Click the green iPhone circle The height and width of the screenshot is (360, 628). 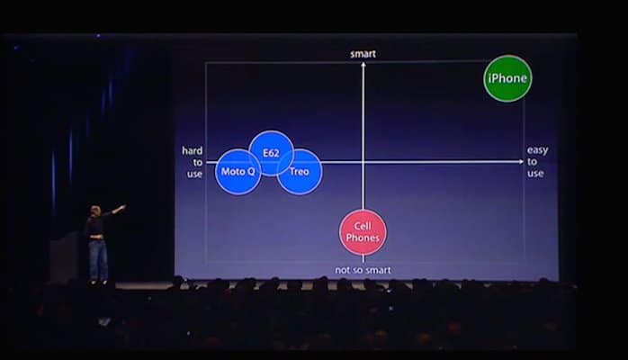tap(507, 78)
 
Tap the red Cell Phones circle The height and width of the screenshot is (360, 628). tap(363, 232)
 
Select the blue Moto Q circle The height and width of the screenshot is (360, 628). tap(238, 172)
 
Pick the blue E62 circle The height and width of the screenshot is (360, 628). tap(271, 153)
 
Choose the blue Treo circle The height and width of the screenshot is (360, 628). tap(300, 172)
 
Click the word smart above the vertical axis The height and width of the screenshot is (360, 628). tap(363, 54)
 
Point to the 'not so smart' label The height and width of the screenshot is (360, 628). tap(363, 270)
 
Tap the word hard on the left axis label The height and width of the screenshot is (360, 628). tap(193, 150)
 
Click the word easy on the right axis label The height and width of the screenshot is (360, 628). tap(537, 150)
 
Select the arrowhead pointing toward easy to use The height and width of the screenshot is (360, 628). tap(521, 161)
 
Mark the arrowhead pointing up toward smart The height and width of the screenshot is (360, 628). tap(363, 65)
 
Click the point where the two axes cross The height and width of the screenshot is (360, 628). tap(363, 162)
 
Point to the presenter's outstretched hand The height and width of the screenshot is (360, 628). tap(122, 207)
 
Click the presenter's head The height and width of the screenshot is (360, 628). tap(95, 211)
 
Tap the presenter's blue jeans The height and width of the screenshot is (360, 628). tap(98, 258)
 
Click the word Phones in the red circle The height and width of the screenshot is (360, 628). tap(363, 238)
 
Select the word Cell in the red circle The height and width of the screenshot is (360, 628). tap(363, 226)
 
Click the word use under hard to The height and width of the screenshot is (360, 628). tap(194, 175)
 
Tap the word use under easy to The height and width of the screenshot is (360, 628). tap(535, 174)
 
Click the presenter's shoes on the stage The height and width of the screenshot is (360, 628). tap(99, 282)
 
